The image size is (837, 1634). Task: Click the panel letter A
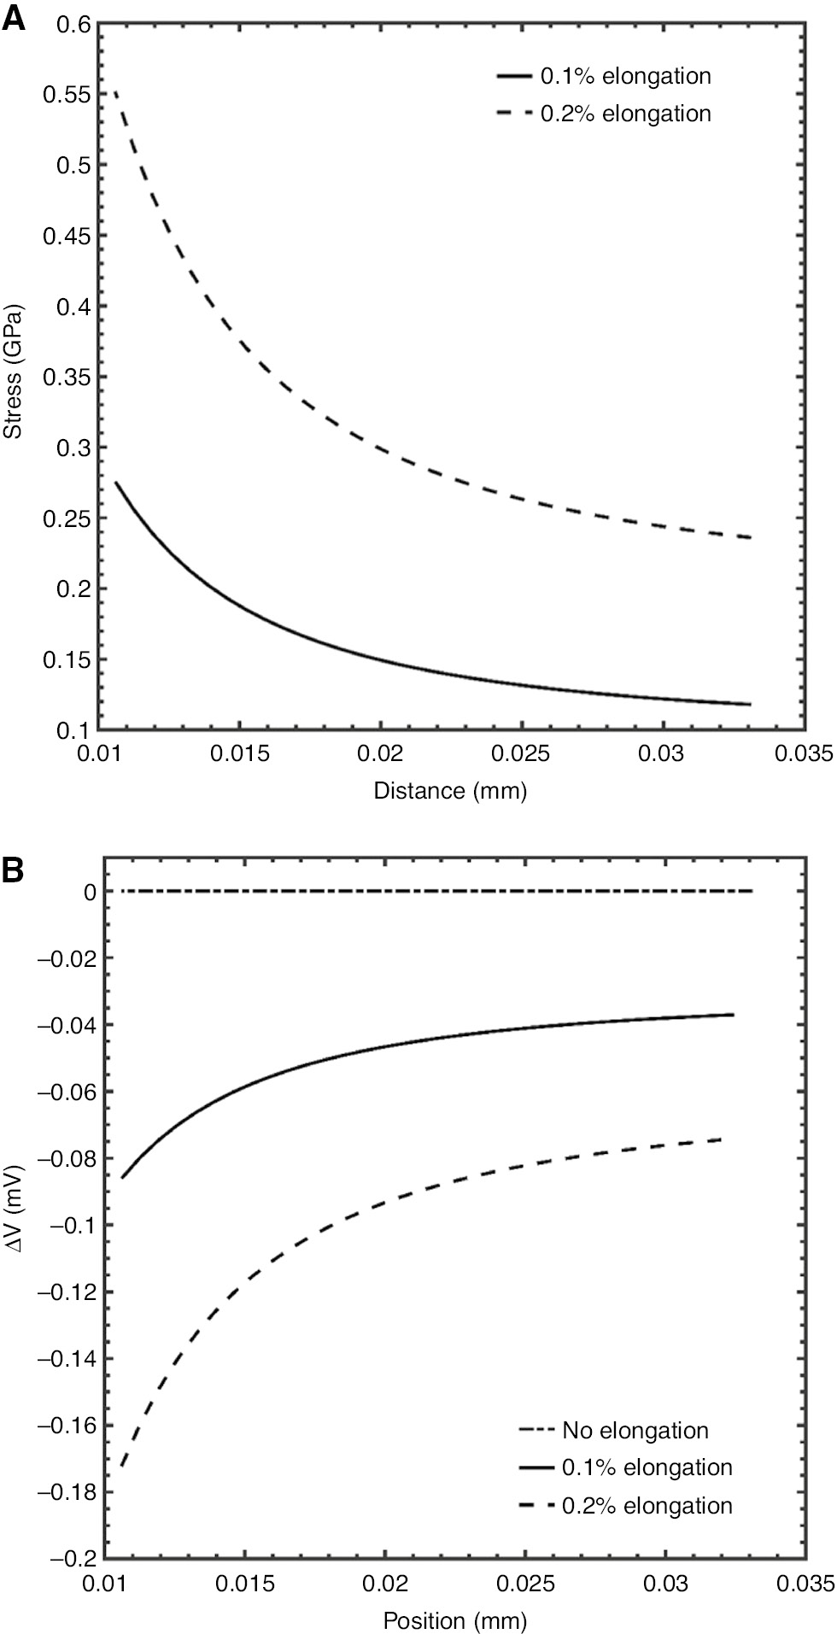[15, 18]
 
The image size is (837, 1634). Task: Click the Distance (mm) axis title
[450, 790]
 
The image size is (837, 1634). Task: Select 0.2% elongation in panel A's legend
[625, 113]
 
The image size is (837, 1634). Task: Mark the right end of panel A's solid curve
[750, 704]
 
